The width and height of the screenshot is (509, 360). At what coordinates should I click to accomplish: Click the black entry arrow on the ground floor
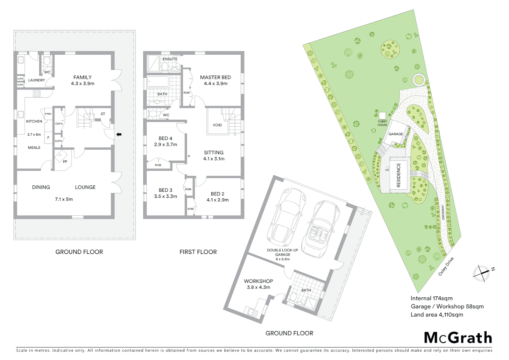coord(119,134)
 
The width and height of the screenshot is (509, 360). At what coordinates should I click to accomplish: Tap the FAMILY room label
coord(82,77)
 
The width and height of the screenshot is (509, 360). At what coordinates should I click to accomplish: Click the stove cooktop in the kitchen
coord(37,94)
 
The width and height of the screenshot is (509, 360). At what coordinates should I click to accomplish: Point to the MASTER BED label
coord(215,77)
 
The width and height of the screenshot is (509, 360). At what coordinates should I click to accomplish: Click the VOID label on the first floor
coord(217,125)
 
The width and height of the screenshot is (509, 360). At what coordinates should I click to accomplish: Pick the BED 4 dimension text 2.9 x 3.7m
coord(166,145)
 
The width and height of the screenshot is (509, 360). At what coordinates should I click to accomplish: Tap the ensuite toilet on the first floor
coord(165,67)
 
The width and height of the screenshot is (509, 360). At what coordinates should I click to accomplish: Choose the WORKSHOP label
coord(258,281)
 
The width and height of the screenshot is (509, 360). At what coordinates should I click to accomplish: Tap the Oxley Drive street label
coord(446,266)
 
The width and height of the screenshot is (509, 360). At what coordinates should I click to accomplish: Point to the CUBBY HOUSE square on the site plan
coord(382,115)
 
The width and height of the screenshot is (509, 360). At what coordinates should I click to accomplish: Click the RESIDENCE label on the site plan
coord(398,175)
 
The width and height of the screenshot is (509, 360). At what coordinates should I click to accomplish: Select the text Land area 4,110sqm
coord(436,315)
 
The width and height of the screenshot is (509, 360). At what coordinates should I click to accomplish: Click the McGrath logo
coord(458,338)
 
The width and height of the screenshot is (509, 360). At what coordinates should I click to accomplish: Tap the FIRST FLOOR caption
coord(198,252)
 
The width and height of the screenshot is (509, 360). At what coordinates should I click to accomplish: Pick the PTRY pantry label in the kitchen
coord(48,114)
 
